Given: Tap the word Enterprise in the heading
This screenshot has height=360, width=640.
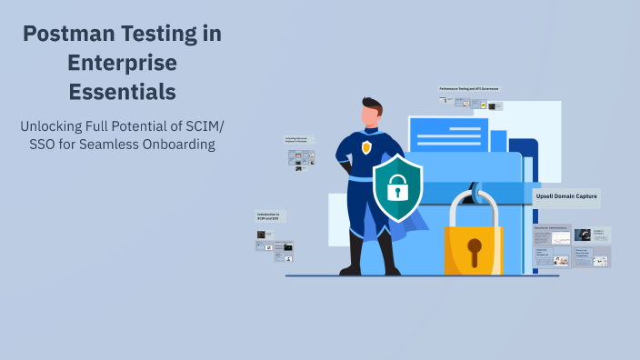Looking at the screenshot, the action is click(122, 64).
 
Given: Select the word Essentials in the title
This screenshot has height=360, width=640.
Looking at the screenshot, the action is click(122, 92).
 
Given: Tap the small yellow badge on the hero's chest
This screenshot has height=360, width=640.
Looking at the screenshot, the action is click(366, 147).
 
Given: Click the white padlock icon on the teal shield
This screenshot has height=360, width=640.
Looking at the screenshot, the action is click(396, 188).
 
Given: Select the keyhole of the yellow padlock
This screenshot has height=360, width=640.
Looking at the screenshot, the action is click(474, 248).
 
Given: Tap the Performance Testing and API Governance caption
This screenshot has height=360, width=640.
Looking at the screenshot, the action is click(469, 88).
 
